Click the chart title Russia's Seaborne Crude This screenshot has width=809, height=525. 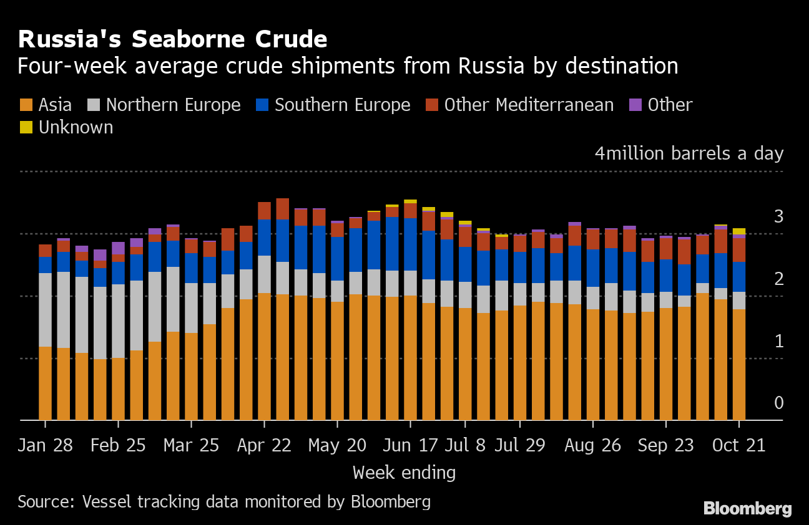click(172, 40)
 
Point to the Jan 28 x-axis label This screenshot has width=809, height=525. click(45, 446)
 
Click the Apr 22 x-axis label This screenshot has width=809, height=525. click(265, 446)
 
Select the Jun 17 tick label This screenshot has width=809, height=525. click(410, 446)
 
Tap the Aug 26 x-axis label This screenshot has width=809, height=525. click(593, 446)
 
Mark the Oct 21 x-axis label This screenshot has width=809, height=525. click(739, 446)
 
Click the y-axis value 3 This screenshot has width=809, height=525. click(778, 217)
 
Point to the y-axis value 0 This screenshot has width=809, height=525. click(778, 403)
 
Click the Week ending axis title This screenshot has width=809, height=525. click(404, 473)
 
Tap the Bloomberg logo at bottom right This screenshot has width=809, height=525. click(747, 509)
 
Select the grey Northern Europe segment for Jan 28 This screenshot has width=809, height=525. click(45, 310)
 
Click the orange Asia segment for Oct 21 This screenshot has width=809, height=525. click(739, 365)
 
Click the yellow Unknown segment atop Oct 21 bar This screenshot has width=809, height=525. click(739, 231)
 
